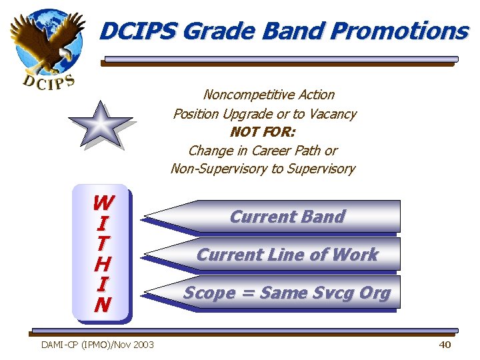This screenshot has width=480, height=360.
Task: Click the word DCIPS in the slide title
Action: [138, 31]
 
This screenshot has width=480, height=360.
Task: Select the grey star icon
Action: [101, 125]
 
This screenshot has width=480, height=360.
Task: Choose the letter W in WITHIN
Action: [103, 202]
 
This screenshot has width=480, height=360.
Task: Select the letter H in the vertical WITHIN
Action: [103, 264]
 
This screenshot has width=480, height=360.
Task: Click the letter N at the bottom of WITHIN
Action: [103, 305]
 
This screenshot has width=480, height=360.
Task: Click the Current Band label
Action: [287, 217]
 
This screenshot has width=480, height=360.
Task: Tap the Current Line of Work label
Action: [287, 255]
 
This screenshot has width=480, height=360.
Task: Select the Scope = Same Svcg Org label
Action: [287, 293]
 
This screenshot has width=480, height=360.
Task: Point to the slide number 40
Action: [445, 345]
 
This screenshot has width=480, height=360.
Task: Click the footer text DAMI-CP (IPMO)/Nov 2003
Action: [97, 345]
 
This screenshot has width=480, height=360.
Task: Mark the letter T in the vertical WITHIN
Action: [103, 243]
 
